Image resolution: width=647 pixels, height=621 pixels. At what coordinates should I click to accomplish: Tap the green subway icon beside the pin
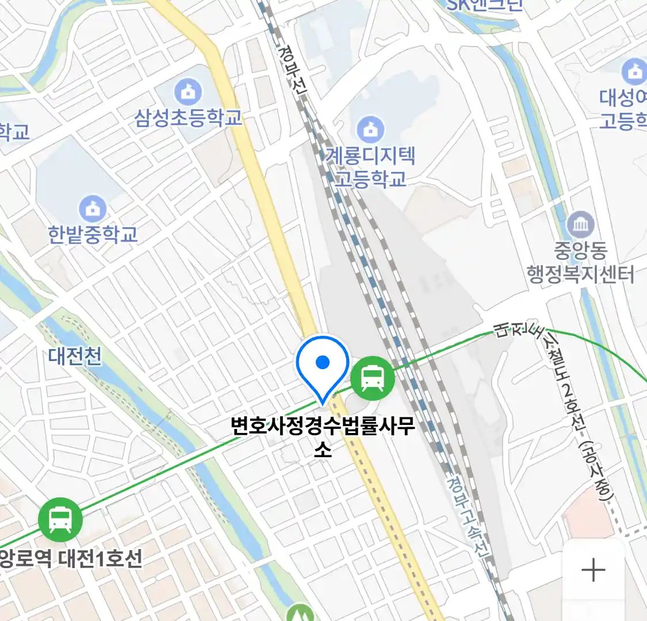pos(373,378)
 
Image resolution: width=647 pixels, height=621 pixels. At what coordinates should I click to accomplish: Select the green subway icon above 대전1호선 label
pos(60,519)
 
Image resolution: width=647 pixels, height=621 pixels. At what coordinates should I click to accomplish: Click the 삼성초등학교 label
pos(189,118)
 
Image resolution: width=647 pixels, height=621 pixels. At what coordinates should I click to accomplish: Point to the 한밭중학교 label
pos(93,234)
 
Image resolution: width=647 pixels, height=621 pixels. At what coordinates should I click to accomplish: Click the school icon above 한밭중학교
pos(92,208)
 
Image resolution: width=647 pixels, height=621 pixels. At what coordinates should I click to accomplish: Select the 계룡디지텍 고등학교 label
pos(370,167)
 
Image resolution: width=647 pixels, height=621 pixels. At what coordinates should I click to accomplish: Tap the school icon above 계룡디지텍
pos(371,130)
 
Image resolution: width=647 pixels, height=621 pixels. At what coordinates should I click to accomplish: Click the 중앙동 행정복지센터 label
pos(580,263)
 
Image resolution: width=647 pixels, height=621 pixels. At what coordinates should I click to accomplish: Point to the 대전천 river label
pos(75,356)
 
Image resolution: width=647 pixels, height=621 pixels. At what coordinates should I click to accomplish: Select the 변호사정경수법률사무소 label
pos(323,436)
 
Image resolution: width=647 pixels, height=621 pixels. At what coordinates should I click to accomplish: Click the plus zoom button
pos(593,570)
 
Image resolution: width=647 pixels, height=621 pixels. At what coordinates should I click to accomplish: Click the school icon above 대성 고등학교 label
pos(634,72)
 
